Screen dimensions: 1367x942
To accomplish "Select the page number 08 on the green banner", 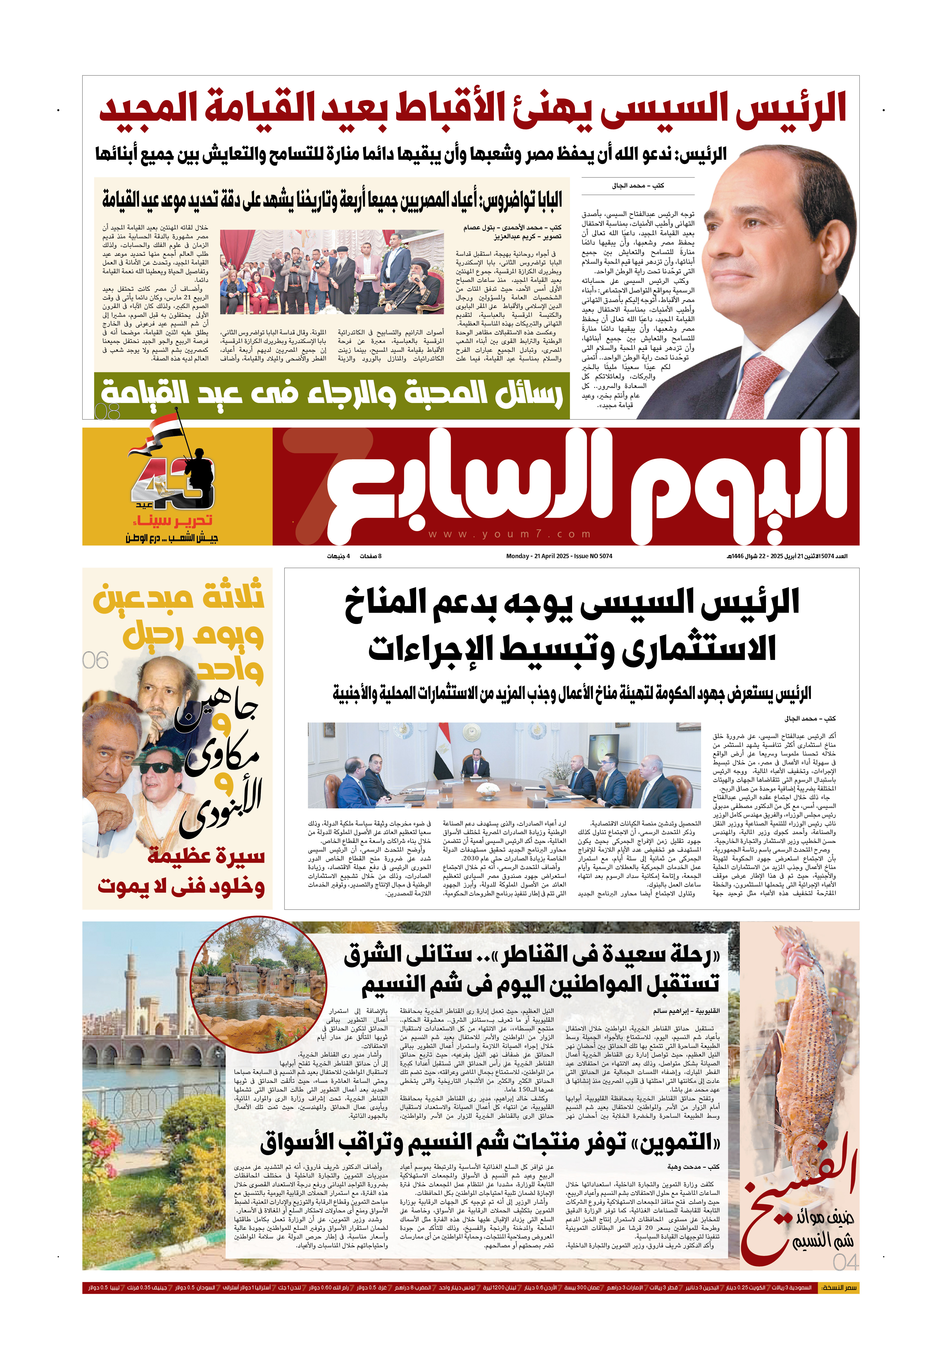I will click(107, 410).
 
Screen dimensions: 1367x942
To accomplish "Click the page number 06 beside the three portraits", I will click(96, 660).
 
